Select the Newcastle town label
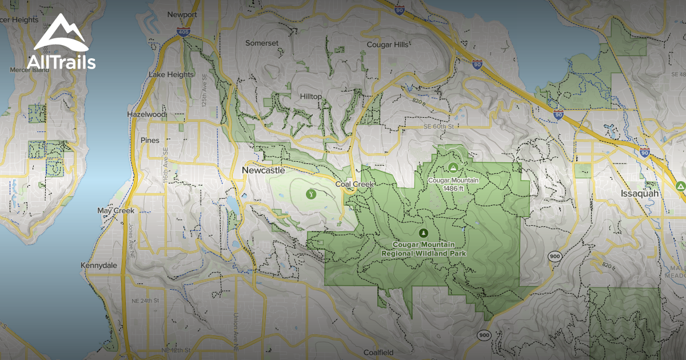tap(263, 170)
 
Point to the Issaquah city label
tap(640, 194)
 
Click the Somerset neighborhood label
tap(261, 43)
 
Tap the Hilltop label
tap(311, 97)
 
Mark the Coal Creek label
tap(354, 184)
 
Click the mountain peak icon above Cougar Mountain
tap(453, 167)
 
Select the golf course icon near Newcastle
tap(311, 194)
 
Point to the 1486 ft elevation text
tap(453, 188)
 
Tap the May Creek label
tap(116, 211)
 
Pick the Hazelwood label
tap(147, 114)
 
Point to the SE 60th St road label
tap(438, 126)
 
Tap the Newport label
tap(182, 14)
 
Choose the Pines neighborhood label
tap(150, 140)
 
